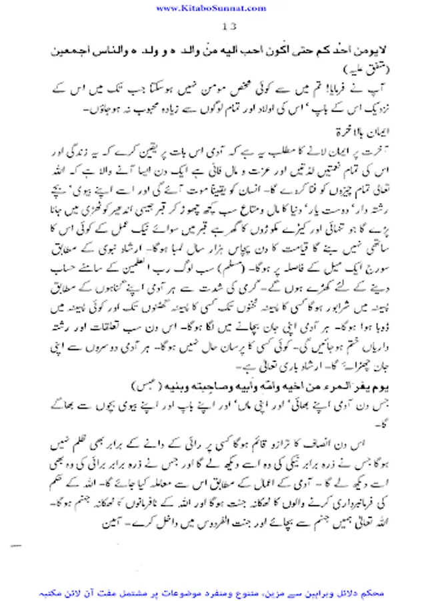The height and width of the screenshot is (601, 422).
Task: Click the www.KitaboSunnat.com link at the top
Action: [x=211, y=7]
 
